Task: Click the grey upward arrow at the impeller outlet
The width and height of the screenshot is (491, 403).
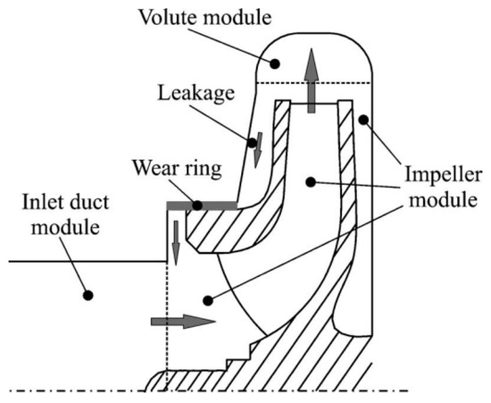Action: [x=311, y=81]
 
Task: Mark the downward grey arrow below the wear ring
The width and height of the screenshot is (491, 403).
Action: [x=176, y=240]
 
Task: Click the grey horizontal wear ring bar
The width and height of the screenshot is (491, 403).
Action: [x=202, y=206]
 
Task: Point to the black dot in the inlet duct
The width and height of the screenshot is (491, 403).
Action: [x=87, y=293]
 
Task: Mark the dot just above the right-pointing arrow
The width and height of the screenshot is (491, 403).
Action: [x=207, y=300]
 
